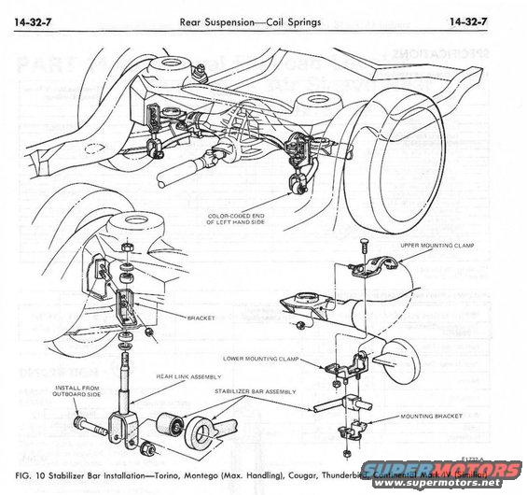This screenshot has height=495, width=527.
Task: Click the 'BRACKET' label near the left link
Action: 200,318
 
